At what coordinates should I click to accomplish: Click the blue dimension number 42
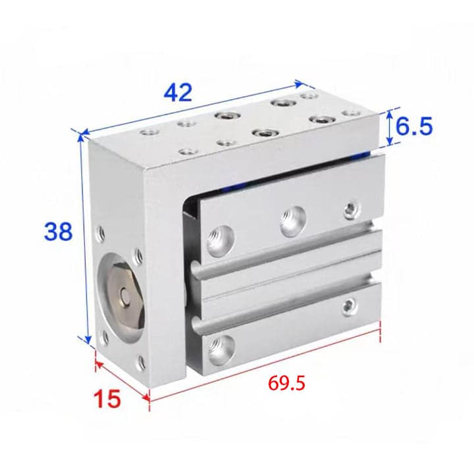point(178,93)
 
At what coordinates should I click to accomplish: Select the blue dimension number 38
point(59,231)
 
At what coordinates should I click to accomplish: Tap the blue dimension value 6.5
point(414,126)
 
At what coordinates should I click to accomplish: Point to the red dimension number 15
point(107,398)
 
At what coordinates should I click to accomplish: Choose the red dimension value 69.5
point(286,383)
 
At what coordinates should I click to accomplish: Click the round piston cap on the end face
point(124,292)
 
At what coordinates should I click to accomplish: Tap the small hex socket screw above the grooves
point(352,209)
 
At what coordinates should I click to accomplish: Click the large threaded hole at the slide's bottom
point(221,350)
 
